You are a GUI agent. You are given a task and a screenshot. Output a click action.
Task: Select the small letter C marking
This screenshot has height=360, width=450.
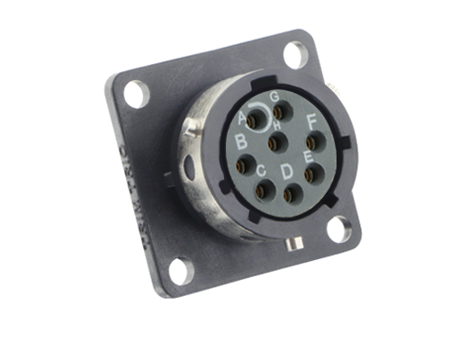click(x=260, y=169)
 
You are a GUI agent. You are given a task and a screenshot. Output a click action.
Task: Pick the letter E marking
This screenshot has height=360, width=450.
click(x=308, y=157)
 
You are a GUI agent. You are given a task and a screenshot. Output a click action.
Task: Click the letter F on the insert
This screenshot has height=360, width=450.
click(x=311, y=121)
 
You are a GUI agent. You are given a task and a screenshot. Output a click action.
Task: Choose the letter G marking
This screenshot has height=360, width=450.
click(x=274, y=95)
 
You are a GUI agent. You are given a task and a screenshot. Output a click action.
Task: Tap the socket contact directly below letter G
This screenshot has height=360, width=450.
click(x=279, y=111)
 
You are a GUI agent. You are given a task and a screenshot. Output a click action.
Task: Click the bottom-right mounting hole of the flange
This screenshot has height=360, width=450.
click(x=338, y=229)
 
